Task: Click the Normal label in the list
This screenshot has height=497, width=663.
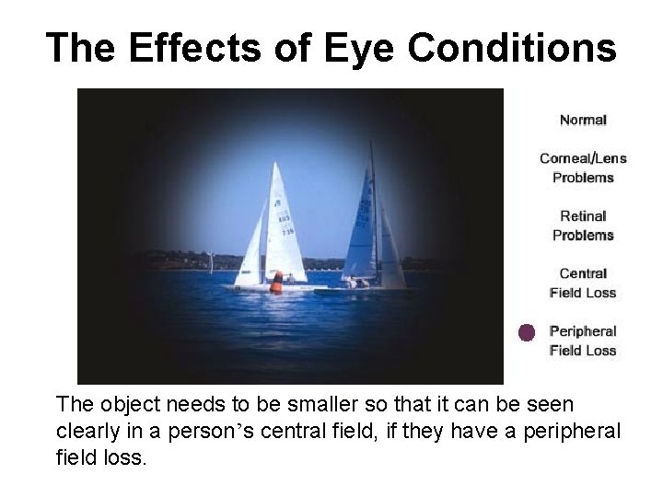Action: point(583,120)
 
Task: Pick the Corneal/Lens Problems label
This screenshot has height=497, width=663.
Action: point(583,168)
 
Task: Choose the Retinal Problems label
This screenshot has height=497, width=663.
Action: point(583,225)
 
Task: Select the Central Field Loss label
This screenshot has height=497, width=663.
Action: point(583,283)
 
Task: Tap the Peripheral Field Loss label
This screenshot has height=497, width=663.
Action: point(583,341)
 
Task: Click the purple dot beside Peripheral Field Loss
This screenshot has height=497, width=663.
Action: point(526,333)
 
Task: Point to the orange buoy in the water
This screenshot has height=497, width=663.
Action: point(276,283)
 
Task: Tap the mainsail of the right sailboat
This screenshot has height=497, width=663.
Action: point(360,230)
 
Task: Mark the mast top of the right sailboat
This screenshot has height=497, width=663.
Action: point(371,144)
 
